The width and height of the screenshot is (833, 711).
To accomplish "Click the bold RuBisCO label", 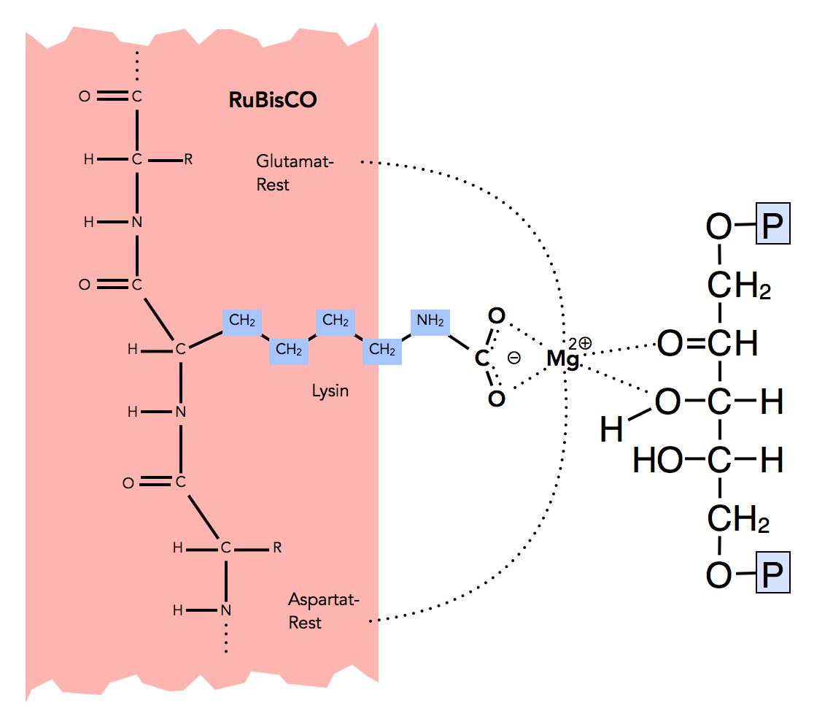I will pos(273,100).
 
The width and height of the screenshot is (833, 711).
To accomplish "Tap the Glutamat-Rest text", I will pos(294,172).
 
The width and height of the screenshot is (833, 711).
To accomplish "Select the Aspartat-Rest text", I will pos(324,611).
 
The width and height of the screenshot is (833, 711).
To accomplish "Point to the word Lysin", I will pos(330,391).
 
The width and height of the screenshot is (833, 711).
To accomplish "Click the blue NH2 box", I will pos(430,320).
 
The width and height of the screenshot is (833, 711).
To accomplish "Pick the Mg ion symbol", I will pos(562,358).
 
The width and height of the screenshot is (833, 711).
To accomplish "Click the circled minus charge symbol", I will pos(514,358).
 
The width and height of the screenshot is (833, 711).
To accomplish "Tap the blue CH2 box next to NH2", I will pos(382,350).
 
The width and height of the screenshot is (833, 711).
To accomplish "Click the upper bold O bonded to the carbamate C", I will pos(496,316).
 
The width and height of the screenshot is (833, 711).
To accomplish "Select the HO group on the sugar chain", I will pos(657,460).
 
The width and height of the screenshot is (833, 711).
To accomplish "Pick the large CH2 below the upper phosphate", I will pos(737,286).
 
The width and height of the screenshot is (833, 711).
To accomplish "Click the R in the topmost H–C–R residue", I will pos(188,159).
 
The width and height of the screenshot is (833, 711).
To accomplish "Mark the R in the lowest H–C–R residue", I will pos(276,547).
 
